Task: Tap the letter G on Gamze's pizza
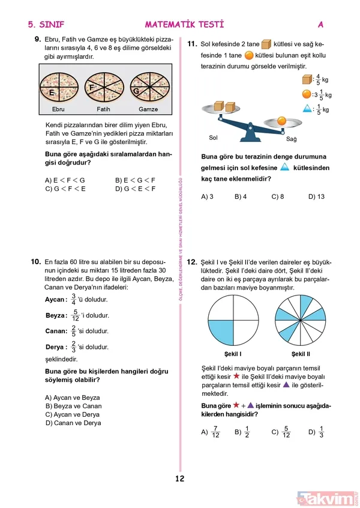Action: click(x=137, y=91)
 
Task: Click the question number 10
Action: click(x=35, y=262)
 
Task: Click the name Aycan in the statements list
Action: click(x=55, y=299)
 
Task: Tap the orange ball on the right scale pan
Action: click(x=281, y=121)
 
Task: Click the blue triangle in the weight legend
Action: click(x=307, y=109)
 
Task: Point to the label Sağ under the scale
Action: click(x=291, y=139)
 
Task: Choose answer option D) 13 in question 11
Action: click(x=316, y=196)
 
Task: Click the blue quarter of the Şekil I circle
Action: click(x=220, y=330)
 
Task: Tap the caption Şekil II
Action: click(x=301, y=354)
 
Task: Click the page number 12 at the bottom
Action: click(x=180, y=479)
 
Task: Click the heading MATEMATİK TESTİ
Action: click(x=184, y=25)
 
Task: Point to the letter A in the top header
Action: click(x=321, y=25)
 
